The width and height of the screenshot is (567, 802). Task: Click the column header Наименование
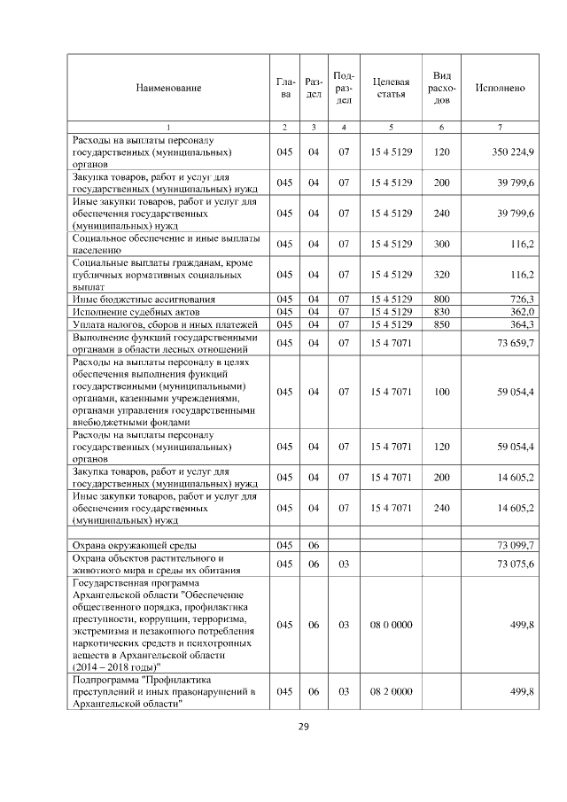coord(168,88)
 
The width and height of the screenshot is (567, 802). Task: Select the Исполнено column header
coord(501,88)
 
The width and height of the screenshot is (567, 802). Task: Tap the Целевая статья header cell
coord(391,88)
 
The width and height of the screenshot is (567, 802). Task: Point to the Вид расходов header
coord(441,88)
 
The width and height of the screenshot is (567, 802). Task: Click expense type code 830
coord(441,312)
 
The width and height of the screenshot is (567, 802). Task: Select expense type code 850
coord(441,325)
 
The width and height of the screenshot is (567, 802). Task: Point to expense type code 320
coord(441,276)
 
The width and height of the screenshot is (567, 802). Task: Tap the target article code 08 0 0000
coord(391,625)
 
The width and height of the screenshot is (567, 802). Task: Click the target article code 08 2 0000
coord(391,691)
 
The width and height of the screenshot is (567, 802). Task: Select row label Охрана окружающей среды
coord(134,544)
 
